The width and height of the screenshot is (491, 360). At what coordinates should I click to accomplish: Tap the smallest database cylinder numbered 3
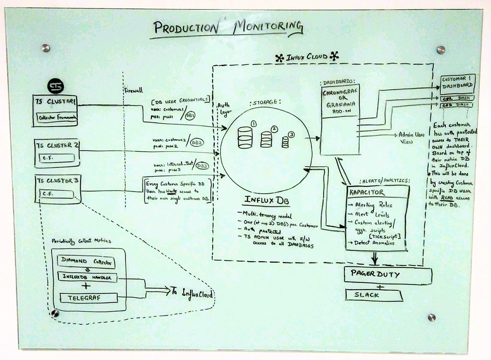pos(286,141)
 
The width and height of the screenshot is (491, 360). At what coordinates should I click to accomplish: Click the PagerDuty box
pos(387,275)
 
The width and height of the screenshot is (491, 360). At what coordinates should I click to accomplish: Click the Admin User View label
pos(412,137)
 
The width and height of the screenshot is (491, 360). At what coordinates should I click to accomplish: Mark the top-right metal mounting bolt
pos(440,50)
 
